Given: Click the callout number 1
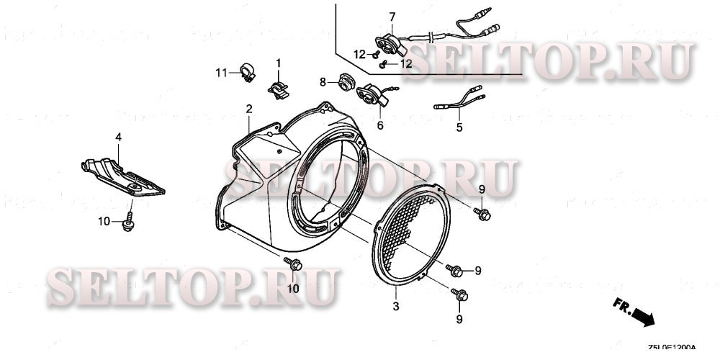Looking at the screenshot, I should point(279,63).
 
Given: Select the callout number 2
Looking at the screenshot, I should point(249,109).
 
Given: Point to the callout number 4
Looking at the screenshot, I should point(119,136).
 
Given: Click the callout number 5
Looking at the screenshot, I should point(458,128).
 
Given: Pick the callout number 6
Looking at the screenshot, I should point(380,125).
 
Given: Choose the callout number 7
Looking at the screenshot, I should point(392,16).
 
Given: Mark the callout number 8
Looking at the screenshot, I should point(324,81).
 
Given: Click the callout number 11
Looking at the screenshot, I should point(222,72).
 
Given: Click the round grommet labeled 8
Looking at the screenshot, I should point(343,84).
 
